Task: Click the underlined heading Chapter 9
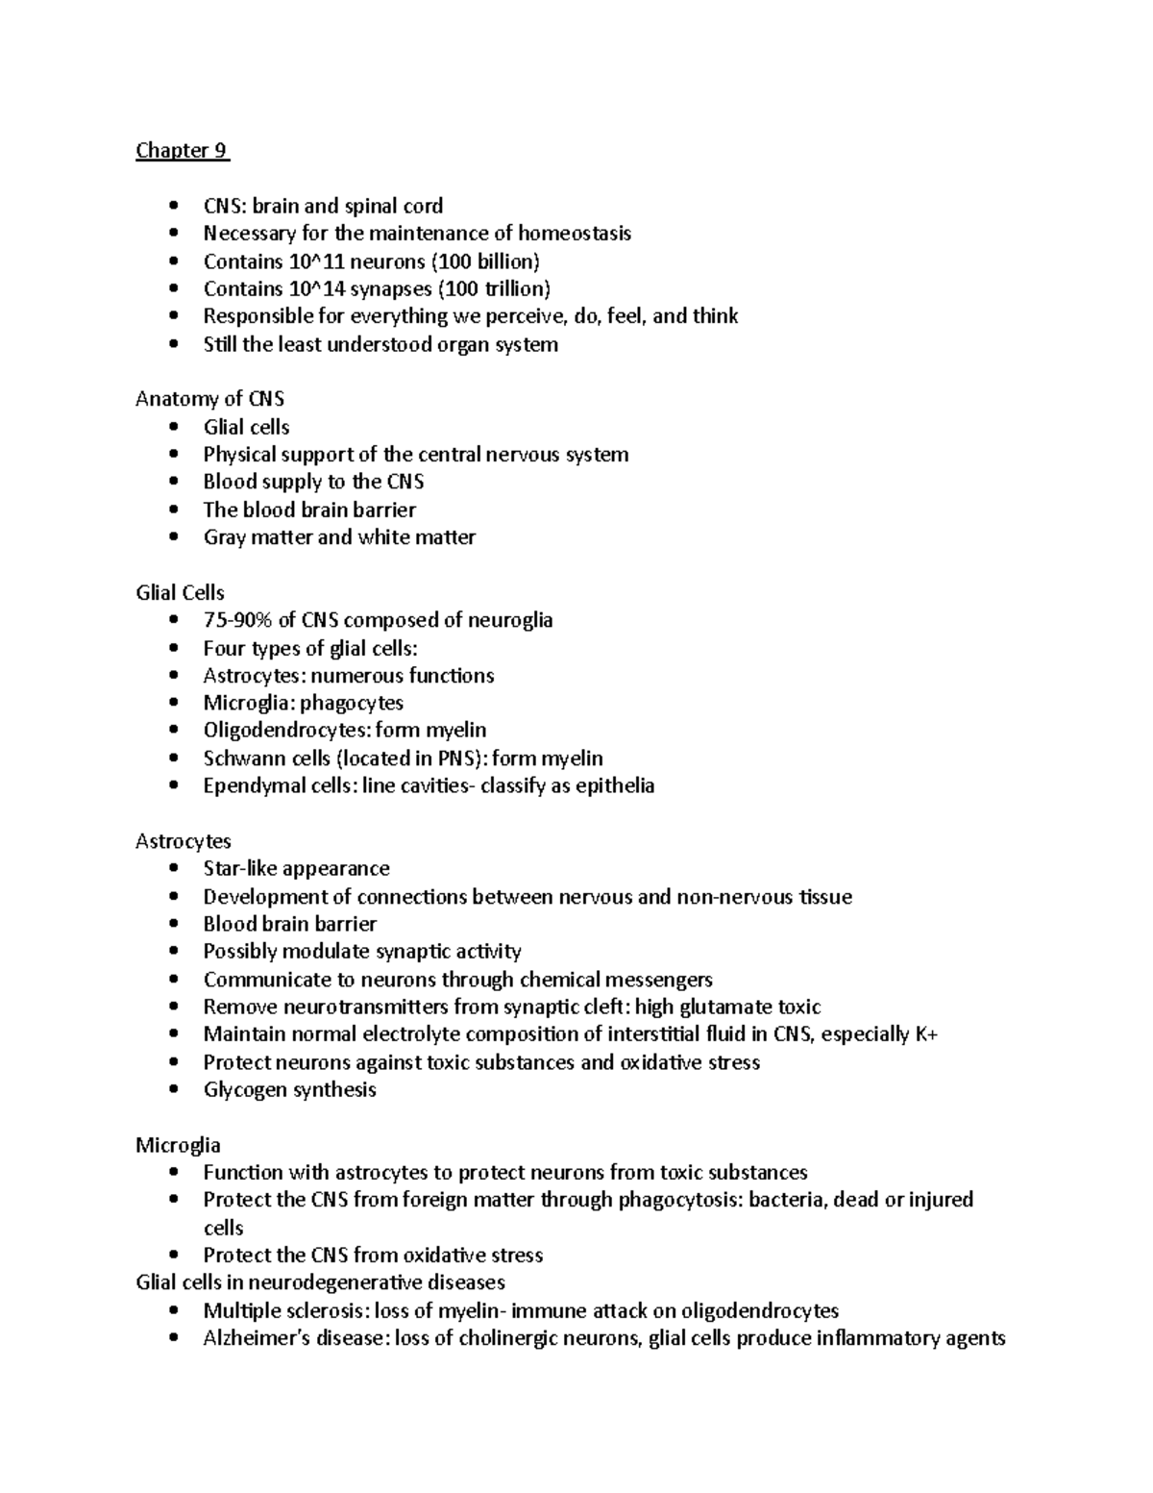183,150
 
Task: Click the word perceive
518,316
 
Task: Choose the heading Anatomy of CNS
209,399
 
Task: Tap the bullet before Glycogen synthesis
173,1090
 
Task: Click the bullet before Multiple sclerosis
173,1311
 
